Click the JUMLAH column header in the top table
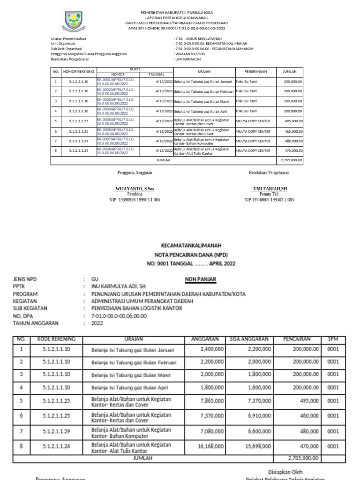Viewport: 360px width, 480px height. [x=289, y=72]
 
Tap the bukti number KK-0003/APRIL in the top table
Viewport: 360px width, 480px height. [x=115, y=101]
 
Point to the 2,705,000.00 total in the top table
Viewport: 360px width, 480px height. [x=291, y=160]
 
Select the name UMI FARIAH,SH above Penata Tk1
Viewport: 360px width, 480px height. [x=269, y=188]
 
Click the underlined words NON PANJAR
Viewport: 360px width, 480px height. [x=200, y=279]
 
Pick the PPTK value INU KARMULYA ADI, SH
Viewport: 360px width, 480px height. [x=119, y=286]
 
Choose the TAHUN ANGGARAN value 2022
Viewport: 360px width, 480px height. [x=97, y=323]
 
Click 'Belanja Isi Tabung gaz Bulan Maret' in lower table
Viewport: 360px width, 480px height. [x=127, y=375]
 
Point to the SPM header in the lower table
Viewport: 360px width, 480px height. [x=333, y=339]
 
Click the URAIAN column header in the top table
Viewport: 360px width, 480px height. [x=204, y=72]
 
